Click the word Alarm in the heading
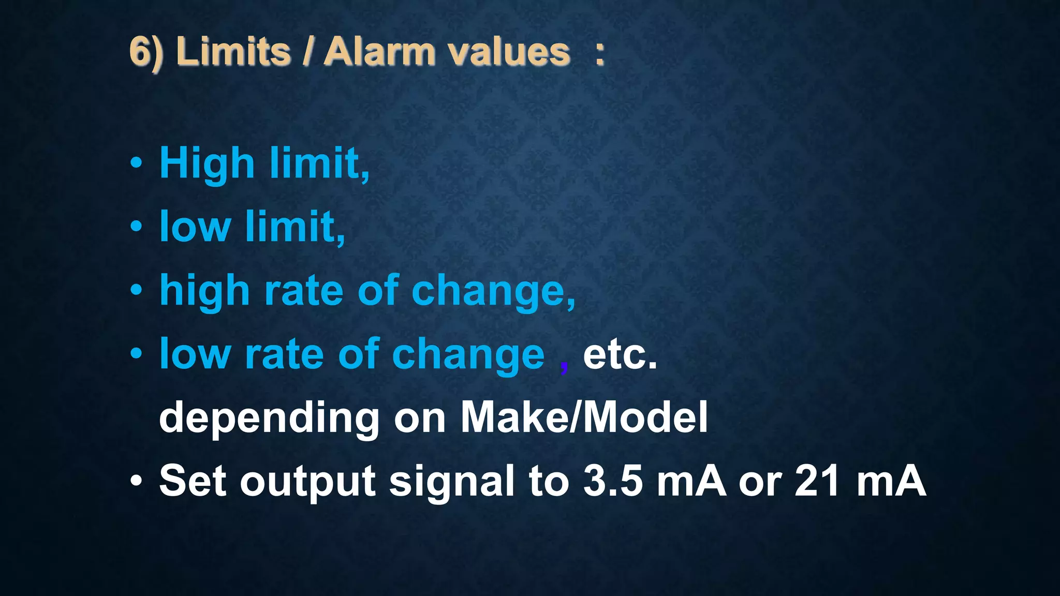click(x=379, y=52)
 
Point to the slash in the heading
click(x=307, y=52)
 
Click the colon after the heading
click(x=599, y=54)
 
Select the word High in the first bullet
click(x=207, y=163)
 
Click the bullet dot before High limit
click(x=136, y=163)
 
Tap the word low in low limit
click(x=195, y=227)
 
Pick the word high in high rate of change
click(x=204, y=291)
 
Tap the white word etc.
click(x=620, y=354)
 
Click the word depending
click(x=269, y=418)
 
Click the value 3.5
click(x=613, y=481)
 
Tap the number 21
click(x=817, y=481)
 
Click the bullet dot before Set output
click(x=136, y=481)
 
